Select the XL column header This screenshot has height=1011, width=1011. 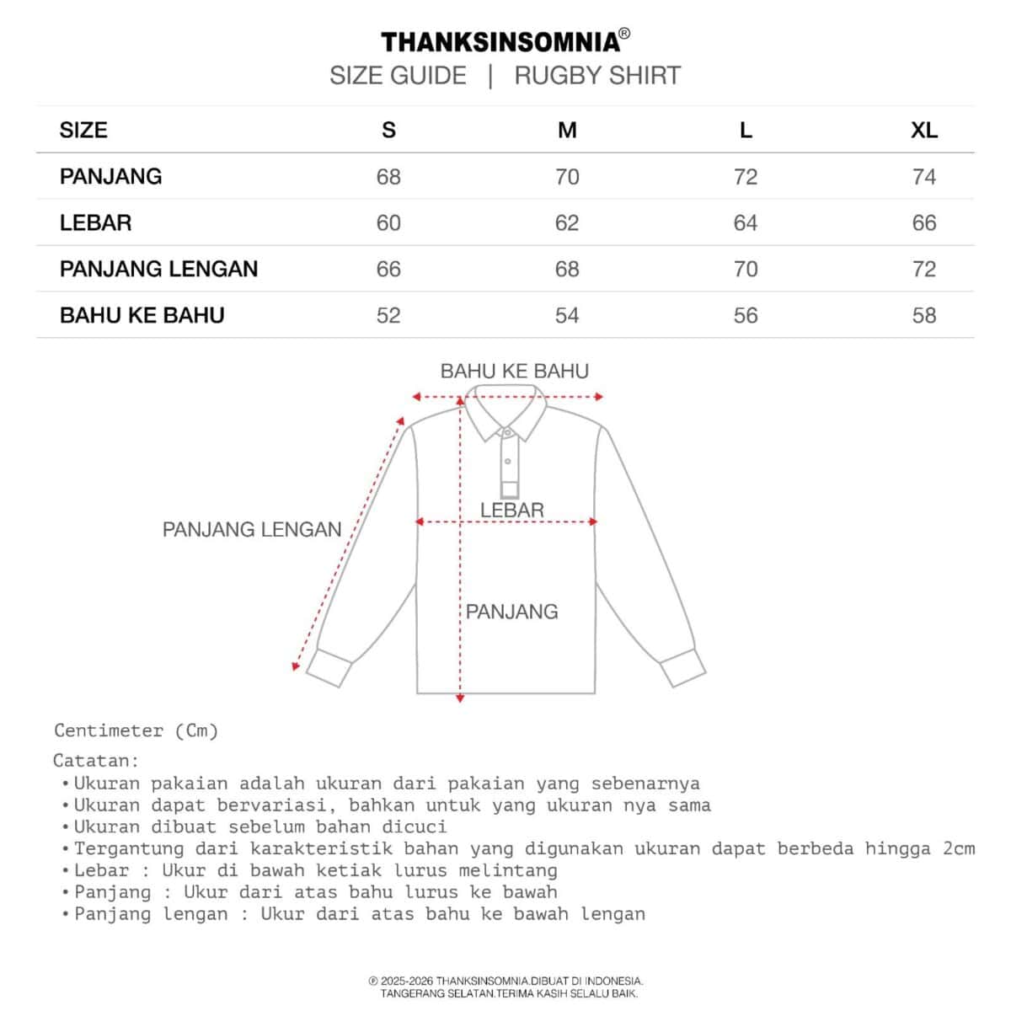click(x=923, y=131)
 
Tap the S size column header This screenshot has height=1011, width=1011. click(x=388, y=131)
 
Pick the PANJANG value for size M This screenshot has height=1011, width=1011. click(x=567, y=177)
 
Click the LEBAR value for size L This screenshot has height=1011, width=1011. click(x=746, y=223)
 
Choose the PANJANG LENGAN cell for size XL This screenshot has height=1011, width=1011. click(x=923, y=270)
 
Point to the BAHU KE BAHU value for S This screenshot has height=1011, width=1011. click(x=388, y=316)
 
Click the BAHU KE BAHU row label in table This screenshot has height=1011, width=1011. click(x=142, y=316)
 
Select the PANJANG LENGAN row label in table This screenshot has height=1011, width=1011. click(x=158, y=270)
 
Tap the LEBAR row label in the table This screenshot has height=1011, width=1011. click(x=95, y=223)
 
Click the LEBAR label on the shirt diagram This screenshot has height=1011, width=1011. click(x=512, y=510)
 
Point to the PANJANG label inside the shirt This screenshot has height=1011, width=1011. click(x=512, y=612)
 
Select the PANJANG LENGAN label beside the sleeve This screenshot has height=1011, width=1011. click(x=252, y=530)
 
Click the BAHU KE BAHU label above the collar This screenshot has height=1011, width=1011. click(x=514, y=371)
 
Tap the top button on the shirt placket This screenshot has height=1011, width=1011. click(x=507, y=433)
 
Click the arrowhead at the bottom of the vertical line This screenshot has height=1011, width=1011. click(x=460, y=698)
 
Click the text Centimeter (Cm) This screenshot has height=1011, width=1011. click(x=136, y=730)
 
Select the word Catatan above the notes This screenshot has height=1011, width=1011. click(x=95, y=761)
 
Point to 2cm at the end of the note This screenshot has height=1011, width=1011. click(x=958, y=848)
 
